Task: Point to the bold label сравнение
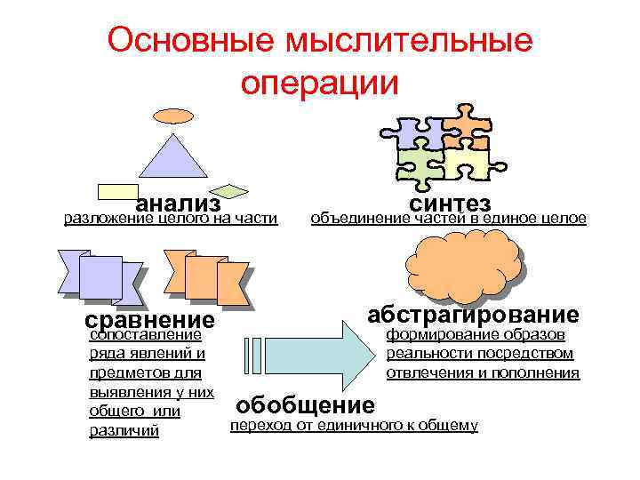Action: point(149,319)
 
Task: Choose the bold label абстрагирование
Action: point(474,314)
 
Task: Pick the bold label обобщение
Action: point(305,405)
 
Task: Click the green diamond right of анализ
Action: point(232,189)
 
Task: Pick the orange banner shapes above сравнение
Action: point(207,275)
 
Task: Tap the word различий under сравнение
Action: point(124,430)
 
